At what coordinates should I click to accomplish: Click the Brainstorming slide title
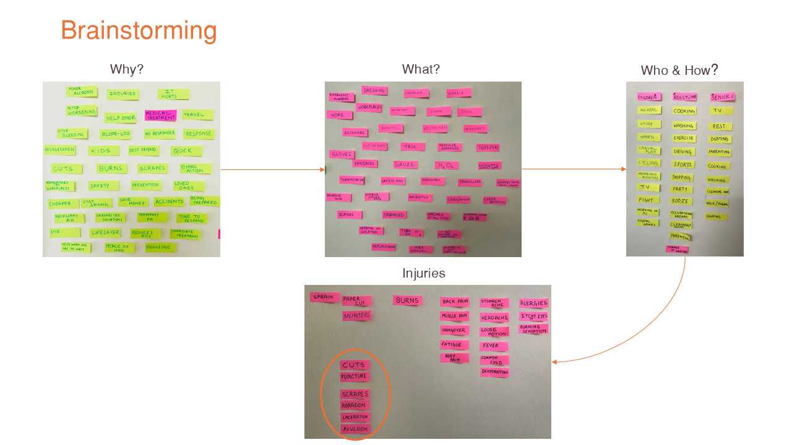[x=139, y=31]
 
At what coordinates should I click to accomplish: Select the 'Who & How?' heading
[x=679, y=70]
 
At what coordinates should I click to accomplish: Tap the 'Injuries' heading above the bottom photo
[x=423, y=273]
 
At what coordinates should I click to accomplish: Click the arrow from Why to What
[x=272, y=169]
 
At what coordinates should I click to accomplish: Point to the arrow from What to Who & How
[x=574, y=169]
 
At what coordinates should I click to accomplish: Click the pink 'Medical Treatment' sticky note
[x=161, y=116]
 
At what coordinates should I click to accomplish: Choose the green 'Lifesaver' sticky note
[x=105, y=233]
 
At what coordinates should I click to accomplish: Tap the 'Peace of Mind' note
[x=119, y=248]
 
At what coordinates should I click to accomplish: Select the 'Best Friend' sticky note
[x=144, y=151]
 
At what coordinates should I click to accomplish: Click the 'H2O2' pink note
[x=446, y=166]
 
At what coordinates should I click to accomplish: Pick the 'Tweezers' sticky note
[x=488, y=148]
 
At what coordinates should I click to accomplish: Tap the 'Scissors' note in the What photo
[x=355, y=132]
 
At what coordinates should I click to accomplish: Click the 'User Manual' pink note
[x=421, y=250]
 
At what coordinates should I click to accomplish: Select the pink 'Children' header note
[x=648, y=97]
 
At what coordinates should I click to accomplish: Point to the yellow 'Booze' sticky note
[x=681, y=201]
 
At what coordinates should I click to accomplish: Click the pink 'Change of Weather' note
[x=677, y=249]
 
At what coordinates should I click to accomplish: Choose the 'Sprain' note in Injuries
[x=324, y=297]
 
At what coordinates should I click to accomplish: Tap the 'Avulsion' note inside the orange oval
[x=355, y=429]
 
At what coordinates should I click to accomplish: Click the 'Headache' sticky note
[x=494, y=318]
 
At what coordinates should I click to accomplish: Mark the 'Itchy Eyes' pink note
[x=533, y=316]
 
